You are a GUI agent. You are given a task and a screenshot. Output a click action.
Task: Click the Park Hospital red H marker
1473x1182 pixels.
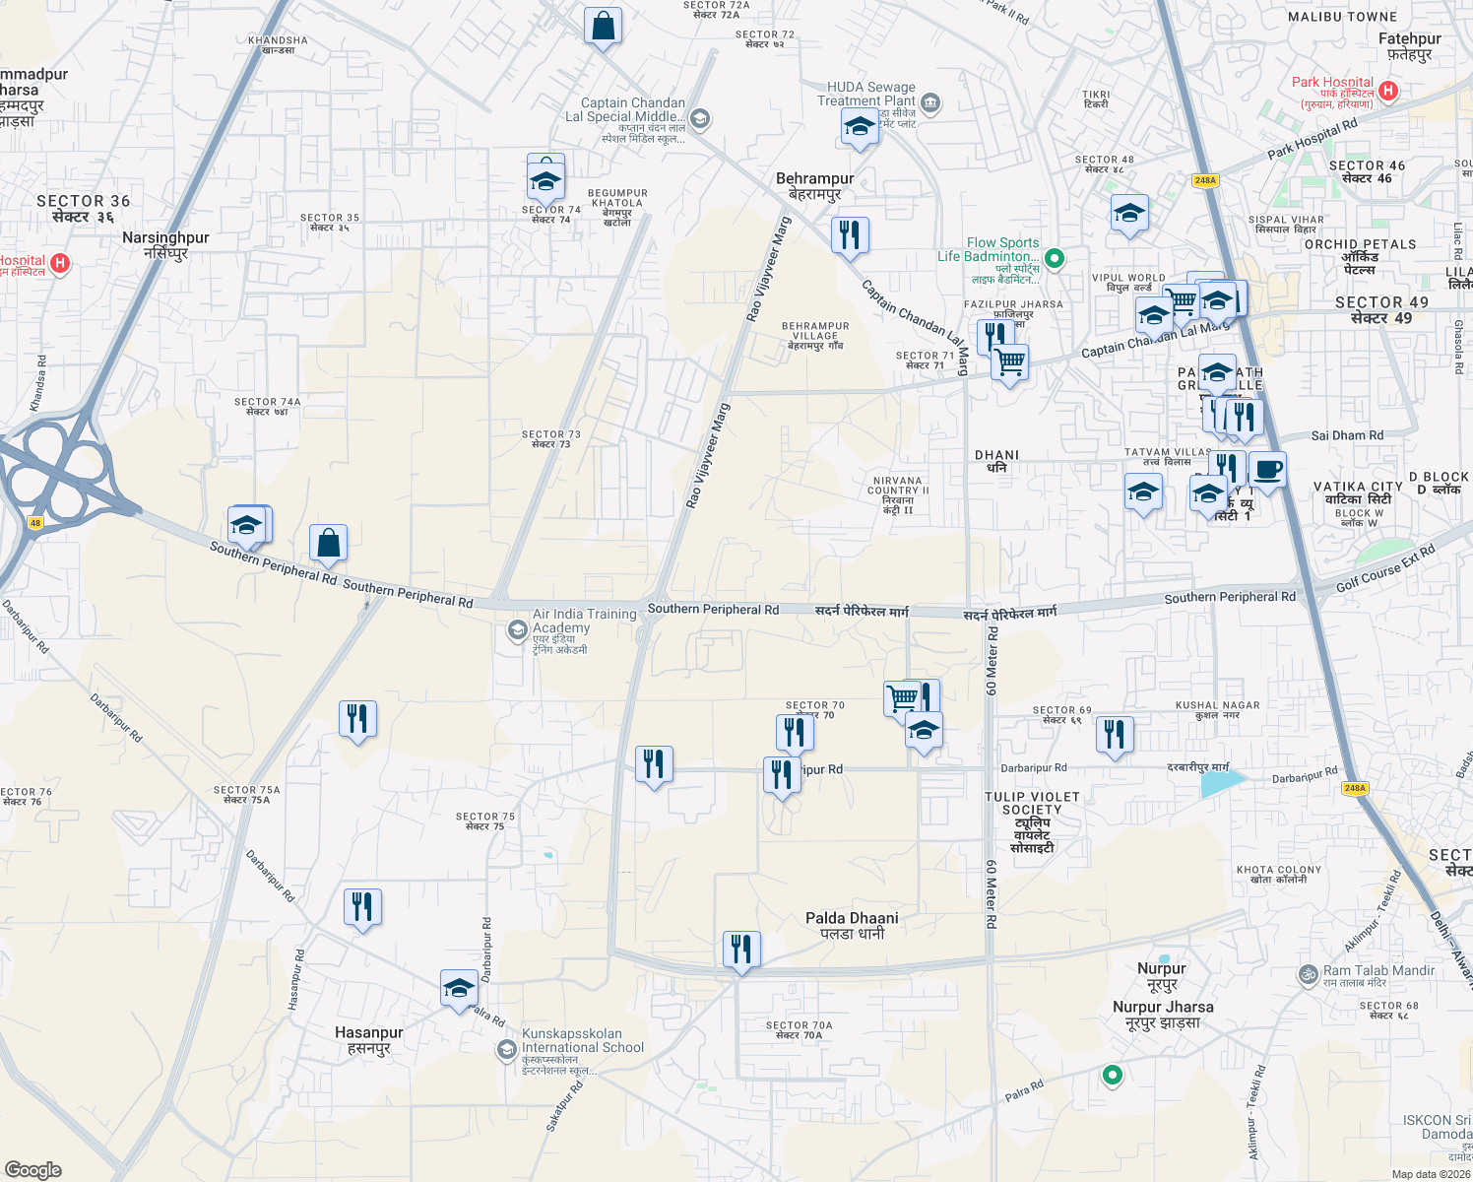tap(1388, 92)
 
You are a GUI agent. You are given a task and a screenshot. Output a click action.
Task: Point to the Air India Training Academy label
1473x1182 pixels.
tap(584, 622)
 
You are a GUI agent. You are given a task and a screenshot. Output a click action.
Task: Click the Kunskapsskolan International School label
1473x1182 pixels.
tap(583, 1041)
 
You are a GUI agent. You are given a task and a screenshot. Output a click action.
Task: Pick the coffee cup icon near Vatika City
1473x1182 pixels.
tap(1267, 469)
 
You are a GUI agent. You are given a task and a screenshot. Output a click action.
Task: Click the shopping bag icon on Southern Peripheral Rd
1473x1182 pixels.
tap(328, 542)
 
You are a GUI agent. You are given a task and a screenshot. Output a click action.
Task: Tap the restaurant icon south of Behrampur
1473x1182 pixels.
tap(849, 234)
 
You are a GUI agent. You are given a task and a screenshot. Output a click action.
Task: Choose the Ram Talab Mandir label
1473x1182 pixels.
tap(1378, 971)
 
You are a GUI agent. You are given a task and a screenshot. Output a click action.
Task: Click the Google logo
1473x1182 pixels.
tap(32, 1170)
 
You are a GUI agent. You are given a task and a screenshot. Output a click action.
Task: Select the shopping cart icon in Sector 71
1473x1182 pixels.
tap(1009, 362)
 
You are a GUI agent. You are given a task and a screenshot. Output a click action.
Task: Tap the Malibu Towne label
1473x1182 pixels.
tap(1342, 17)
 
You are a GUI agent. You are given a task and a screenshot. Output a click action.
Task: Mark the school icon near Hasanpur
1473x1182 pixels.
tap(459, 988)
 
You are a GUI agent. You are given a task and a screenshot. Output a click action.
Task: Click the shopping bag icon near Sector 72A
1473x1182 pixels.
tap(603, 26)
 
